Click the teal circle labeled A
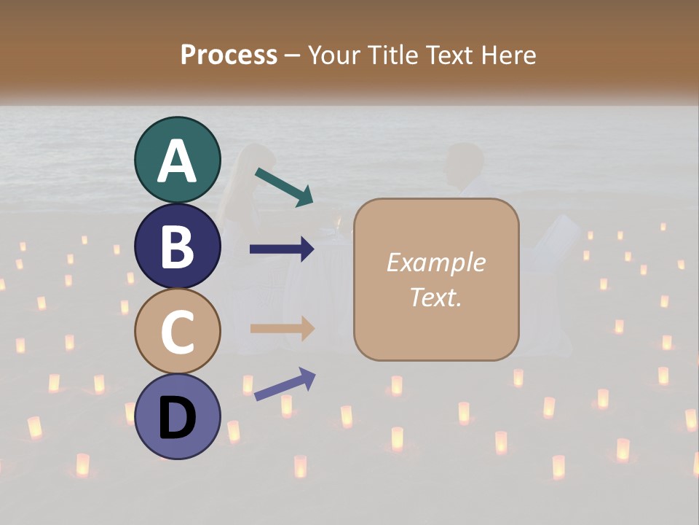[177, 160]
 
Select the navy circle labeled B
[177, 246]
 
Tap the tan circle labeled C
[177, 331]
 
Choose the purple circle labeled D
[177, 416]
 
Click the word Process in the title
[229, 55]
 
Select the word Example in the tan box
[435, 262]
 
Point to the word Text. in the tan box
[435, 297]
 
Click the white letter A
[177, 161]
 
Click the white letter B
[177, 246]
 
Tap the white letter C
[177, 332]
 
